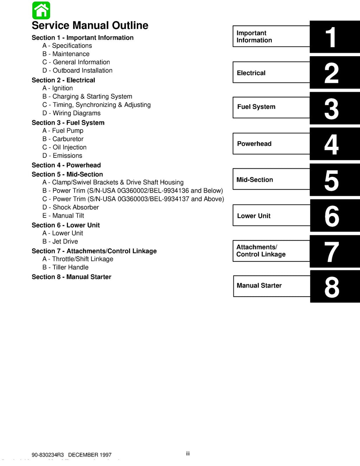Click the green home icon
(x=41, y=11)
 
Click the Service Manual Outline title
(x=90, y=26)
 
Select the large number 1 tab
(x=332, y=37)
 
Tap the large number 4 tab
(x=332, y=144)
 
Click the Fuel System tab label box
(x=271, y=107)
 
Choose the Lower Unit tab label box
(x=271, y=216)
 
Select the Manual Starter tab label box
(x=271, y=286)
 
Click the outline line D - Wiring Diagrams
(x=71, y=113)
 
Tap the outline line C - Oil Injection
(x=64, y=147)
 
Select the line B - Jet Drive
(x=60, y=241)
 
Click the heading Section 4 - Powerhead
(x=66, y=165)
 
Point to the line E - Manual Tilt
(x=63, y=216)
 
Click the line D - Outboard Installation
(x=77, y=71)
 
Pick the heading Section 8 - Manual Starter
(x=71, y=277)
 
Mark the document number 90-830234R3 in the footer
(x=48, y=455)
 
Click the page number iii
(x=188, y=454)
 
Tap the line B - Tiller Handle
(x=65, y=267)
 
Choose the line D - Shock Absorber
(x=71, y=207)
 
